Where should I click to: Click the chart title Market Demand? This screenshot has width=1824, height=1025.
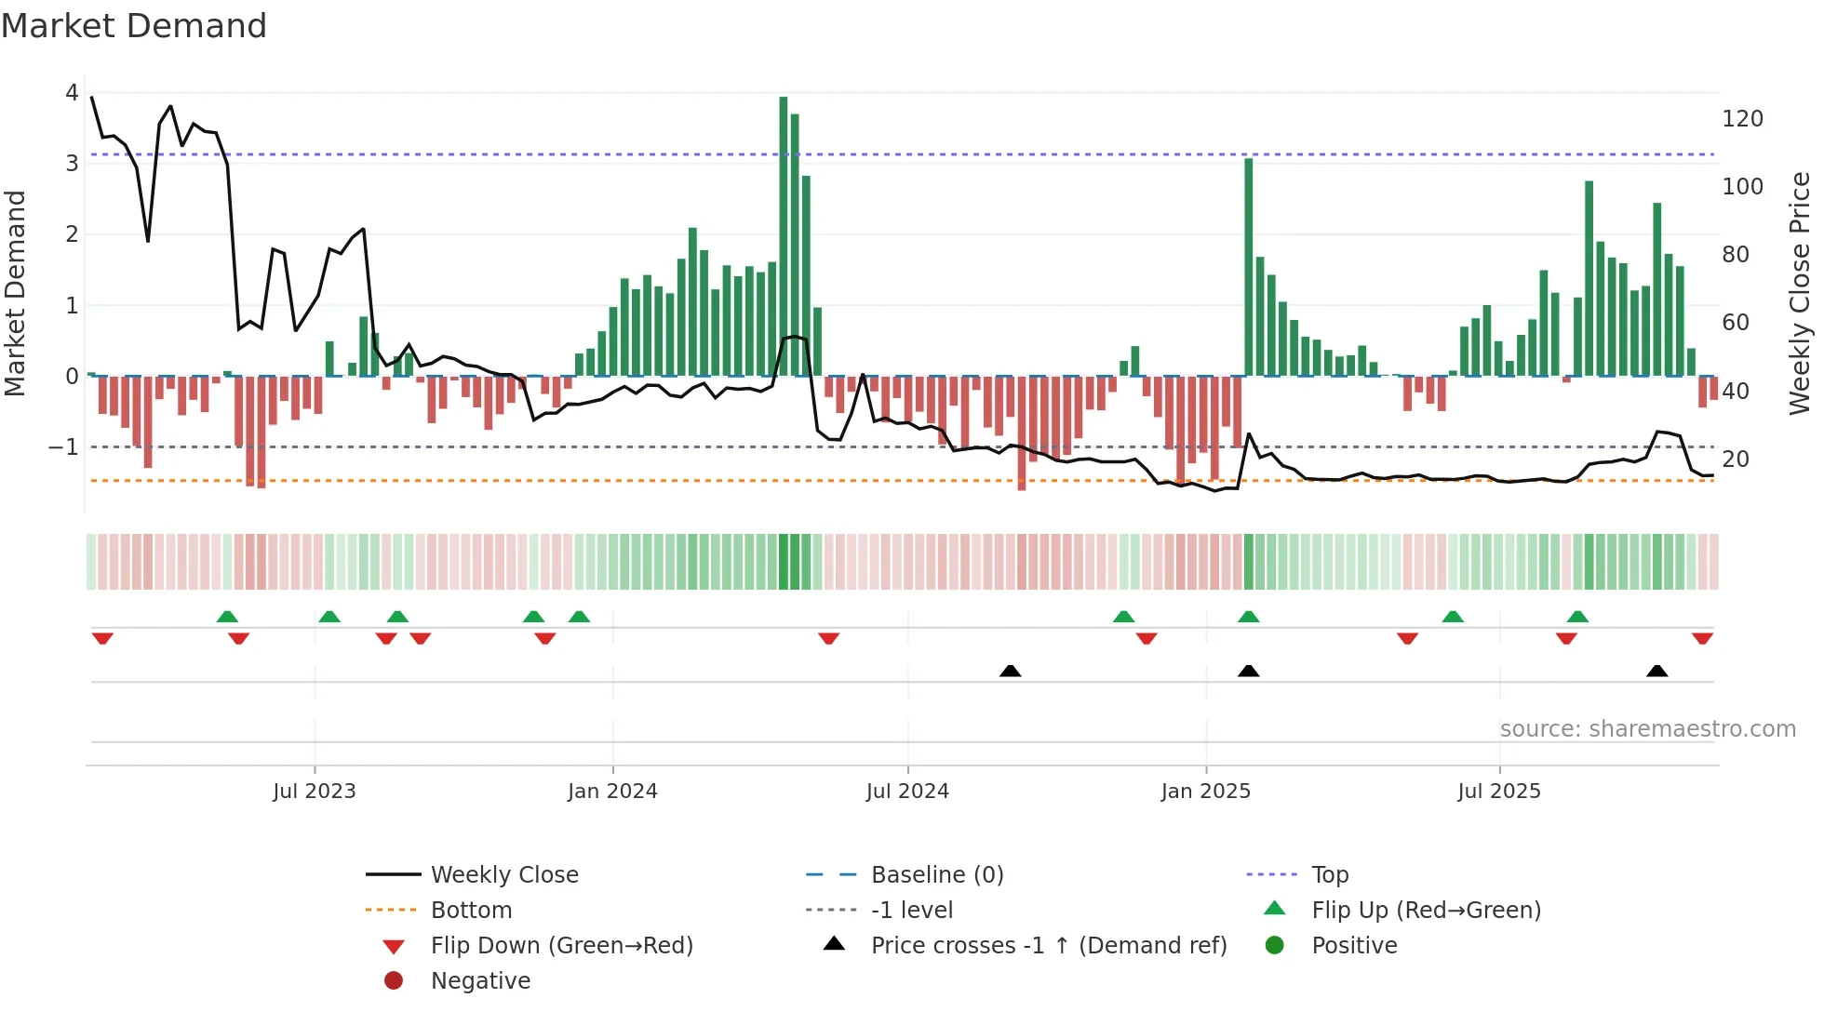click(134, 25)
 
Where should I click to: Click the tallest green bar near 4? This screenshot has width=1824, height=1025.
click(783, 233)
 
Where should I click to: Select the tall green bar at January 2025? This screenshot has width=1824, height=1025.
click(1248, 270)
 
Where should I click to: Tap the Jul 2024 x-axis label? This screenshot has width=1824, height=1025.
click(907, 791)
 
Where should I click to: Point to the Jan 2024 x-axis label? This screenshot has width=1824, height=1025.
click(612, 791)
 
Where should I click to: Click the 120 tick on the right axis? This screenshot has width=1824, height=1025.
click(1742, 119)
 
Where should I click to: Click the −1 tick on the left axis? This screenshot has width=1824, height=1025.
click(63, 447)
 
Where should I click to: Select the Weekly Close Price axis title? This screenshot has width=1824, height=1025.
click(1800, 293)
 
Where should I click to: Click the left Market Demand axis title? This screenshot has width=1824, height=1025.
click(15, 293)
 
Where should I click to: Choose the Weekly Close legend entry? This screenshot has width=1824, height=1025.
click(503, 874)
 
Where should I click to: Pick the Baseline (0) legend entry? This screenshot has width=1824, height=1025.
click(936, 874)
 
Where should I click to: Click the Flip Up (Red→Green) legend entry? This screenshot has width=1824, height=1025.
click(1426, 910)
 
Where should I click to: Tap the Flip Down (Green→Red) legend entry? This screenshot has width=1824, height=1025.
click(561, 945)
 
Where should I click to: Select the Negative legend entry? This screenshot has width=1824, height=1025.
click(480, 980)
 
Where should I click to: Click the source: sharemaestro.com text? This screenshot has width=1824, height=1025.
click(1647, 728)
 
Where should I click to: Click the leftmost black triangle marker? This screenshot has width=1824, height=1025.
click(1010, 671)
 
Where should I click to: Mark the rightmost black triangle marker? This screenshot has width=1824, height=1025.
click(1656, 671)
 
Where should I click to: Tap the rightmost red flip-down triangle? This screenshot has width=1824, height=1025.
click(1702, 638)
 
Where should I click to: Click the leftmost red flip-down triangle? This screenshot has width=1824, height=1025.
click(102, 638)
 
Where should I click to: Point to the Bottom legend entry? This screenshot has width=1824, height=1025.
click(471, 910)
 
